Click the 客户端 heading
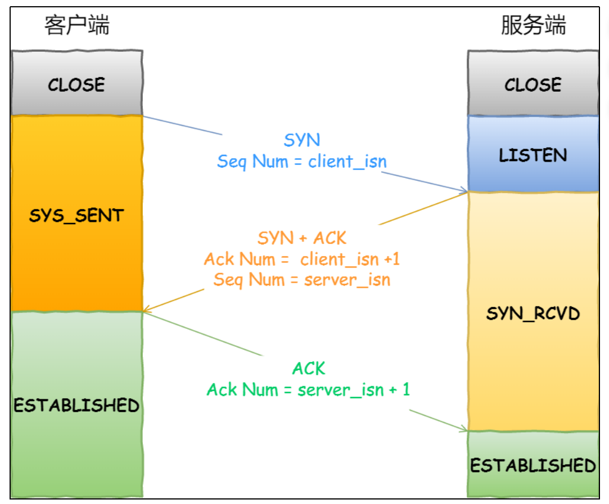(x=77, y=25)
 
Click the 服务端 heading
(x=533, y=25)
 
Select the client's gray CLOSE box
(x=77, y=83)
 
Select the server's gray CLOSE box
(x=533, y=83)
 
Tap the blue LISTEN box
(x=533, y=154)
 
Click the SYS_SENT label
(x=76, y=215)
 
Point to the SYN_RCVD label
(x=533, y=314)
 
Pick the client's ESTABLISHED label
(x=76, y=405)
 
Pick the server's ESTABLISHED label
(x=533, y=466)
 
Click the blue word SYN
(x=302, y=140)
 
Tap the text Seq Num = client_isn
(x=302, y=162)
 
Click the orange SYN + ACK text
(x=302, y=238)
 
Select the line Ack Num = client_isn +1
(x=302, y=259)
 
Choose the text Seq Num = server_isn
(x=302, y=280)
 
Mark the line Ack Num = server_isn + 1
(x=308, y=390)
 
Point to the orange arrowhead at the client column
(x=147, y=310)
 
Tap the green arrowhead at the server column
(x=464, y=429)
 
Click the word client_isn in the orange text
(x=340, y=260)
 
